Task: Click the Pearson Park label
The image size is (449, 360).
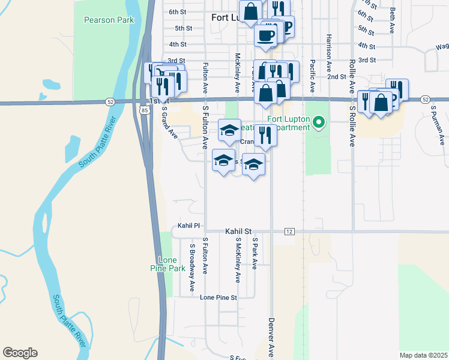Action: click(109, 20)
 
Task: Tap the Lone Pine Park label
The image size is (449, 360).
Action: click(171, 264)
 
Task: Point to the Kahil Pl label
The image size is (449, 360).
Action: click(188, 226)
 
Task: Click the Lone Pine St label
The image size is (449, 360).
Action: click(218, 297)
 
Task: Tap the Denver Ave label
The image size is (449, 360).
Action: click(271, 338)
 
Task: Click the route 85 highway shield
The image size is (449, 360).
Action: click(145, 110)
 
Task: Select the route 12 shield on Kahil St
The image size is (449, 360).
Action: click(289, 232)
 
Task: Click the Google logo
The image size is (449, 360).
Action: click(20, 353)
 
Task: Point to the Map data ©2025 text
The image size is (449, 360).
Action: click(423, 355)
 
